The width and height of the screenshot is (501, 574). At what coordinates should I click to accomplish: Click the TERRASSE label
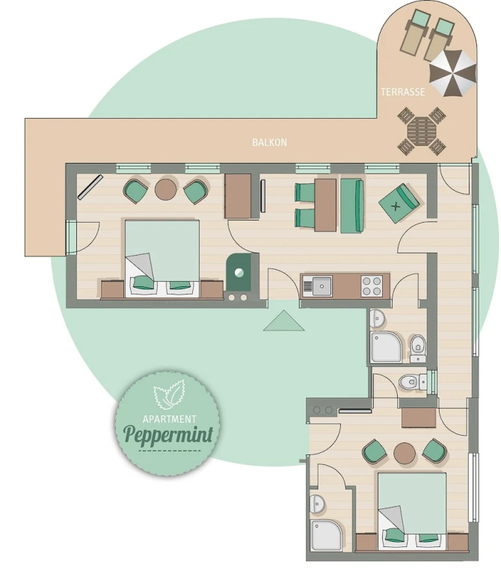[x=403, y=92]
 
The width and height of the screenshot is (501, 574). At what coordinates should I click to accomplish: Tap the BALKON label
[x=269, y=143]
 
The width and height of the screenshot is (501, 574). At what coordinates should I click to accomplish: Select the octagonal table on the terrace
[x=422, y=132]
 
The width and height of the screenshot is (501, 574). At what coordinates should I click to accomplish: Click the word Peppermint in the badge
[x=168, y=434]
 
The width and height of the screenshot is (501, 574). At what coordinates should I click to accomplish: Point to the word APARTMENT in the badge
[x=170, y=419]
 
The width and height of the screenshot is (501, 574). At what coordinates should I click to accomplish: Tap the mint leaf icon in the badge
[x=169, y=395]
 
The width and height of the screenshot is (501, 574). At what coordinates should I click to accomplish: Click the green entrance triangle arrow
[x=284, y=321]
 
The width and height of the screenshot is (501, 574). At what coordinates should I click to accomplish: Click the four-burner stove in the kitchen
[x=372, y=286]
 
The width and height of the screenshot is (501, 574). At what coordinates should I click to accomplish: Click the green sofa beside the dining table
[x=352, y=206]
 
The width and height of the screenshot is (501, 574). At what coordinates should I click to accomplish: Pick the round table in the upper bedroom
[x=166, y=189]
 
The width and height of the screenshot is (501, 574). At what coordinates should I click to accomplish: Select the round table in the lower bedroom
[x=405, y=453]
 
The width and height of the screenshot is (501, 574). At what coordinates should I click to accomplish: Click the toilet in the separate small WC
[x=412, y=382]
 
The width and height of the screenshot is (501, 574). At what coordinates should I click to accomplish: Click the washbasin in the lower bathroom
[x=317, y=504]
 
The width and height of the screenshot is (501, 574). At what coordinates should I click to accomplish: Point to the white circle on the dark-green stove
[x=239, y=272]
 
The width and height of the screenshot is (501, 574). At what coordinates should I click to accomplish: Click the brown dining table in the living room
[x=325, y=205]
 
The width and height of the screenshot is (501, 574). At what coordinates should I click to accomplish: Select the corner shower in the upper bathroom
[x=387, y=347]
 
